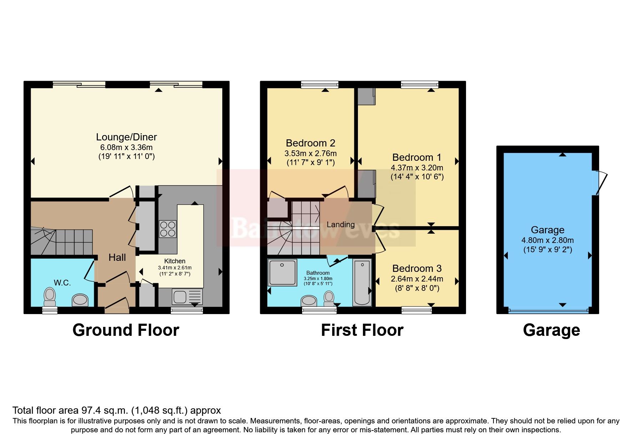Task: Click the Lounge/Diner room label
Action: (x=126, y=137)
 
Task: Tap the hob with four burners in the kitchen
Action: (x=167, y=229)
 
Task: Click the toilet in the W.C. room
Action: (x=50, y=296)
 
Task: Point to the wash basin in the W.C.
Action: (x=80, y=300)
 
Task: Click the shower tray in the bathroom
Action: (x=283, y=273)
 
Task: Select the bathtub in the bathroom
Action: (x=362, y=283)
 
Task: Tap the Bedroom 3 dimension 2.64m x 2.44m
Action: (x=417, y=279)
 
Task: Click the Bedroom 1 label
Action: (x=416, y=157)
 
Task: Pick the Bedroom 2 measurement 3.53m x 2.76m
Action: (x=310, y=154)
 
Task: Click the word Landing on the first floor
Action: (x=340, y=225)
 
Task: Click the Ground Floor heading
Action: (x=126, y=330)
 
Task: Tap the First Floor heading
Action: (x=362, y=330)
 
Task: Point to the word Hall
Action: (x=117, y=258)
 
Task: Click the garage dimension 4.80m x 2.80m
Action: (x=547, y=240)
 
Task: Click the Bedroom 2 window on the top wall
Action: (x=319, y=85)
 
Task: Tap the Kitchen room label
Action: (x=175, y=261)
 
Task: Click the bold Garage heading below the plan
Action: (x=551, y=330)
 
